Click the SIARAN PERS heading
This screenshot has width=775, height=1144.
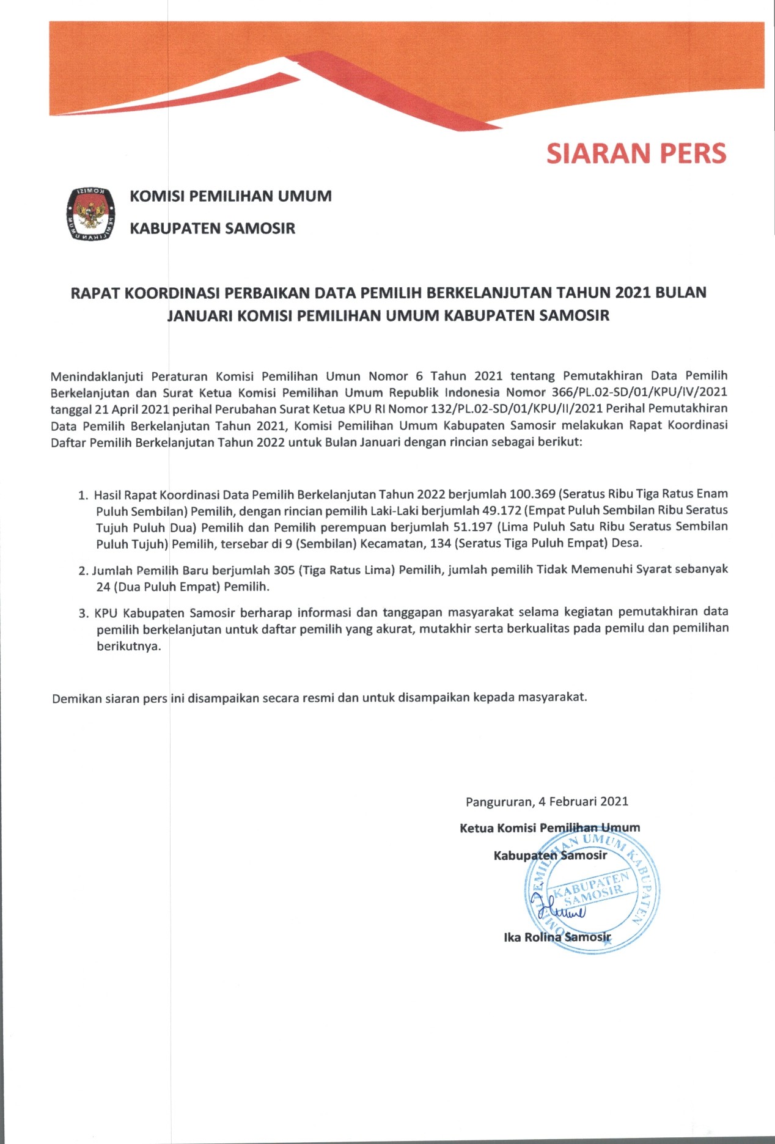point(636,153)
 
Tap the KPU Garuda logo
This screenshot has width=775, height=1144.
point(90,212)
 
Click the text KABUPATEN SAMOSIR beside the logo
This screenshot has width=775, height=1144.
point(212,229)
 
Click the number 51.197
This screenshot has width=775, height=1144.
point(472,527)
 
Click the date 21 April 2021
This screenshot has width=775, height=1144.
point(130,408)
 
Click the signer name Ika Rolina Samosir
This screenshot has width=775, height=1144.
point(557,937)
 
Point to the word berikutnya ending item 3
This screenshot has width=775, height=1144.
point(129,646)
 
